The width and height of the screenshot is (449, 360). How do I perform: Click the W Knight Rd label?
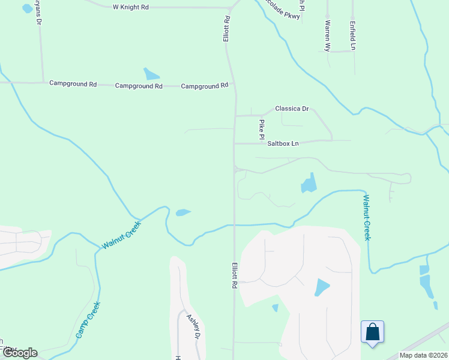(130, 7)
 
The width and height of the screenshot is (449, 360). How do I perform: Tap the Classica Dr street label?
(291, 109)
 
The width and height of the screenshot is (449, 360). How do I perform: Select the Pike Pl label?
(262, 127)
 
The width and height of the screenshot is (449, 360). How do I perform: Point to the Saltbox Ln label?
(283, 143)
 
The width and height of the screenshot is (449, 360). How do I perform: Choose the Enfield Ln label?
(353, 35)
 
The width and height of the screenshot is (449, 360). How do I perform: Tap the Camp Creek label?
(88, 320)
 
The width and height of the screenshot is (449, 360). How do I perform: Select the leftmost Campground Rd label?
(73, 84)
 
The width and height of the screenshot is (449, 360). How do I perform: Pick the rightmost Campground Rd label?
(205, 86)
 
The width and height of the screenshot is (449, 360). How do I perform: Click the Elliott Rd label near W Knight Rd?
(227, 28)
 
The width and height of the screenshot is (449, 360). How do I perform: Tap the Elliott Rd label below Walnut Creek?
(233, 275)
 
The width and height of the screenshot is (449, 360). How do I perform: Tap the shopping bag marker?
(372, 331)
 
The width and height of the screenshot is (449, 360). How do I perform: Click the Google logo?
(19, 353)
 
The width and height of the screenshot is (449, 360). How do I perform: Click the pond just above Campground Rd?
(151, 74)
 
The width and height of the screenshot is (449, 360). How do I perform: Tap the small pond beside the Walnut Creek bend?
(182, 212)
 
